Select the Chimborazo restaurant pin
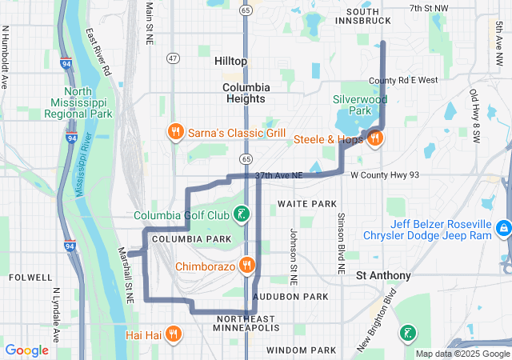point(247,266)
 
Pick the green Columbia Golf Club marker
point(240,214)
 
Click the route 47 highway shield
point(174,58)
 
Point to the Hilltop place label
point(231,61)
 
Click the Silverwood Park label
point(359,105)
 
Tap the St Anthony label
point(383,275)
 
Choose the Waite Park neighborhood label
point(307,204)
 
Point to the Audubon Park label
point(290,297)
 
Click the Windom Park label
point(301,350)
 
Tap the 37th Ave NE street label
point(278,175)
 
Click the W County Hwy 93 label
point(385,174)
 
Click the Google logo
point(27,350)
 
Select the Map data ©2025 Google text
point(462,354)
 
